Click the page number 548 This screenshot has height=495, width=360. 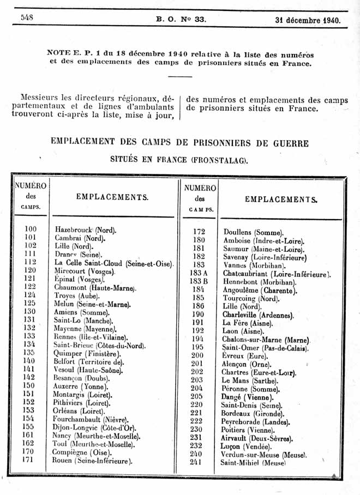pos(27,17)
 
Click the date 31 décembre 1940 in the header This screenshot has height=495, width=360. pos(308,21)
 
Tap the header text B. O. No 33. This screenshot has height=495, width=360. pos(181,20)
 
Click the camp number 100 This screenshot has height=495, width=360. pos(31,228)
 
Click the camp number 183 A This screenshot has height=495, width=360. pos(199,273)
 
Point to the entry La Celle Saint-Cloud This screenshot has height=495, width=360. pos(113,263)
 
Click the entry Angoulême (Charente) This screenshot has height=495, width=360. pos(261,291)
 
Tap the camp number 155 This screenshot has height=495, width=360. pos(30,427)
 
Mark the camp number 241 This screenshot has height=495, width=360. pos(198,462)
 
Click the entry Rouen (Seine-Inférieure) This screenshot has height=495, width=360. pos(93,461)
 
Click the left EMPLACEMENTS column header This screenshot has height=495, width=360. pos(112,197)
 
